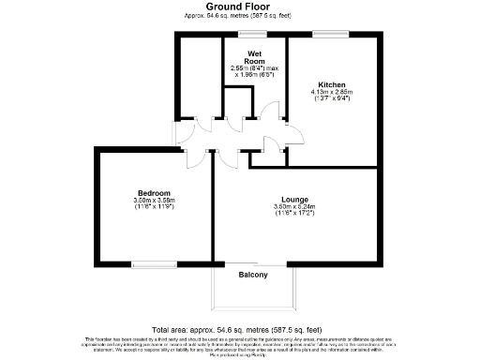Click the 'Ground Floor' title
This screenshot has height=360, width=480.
tap(239, 7)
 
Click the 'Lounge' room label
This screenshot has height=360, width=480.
tap(295, 200)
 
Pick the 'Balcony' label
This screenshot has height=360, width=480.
tap(253, 275)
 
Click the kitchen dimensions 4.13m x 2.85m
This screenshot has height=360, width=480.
tap(332, 92)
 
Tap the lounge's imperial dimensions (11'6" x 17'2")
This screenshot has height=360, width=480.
tap(296, 215)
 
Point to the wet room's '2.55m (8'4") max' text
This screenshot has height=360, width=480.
tap(253, 68)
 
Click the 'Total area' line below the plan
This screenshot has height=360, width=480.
tap(239, 329)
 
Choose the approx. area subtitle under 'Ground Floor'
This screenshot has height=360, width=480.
tap(239, 17)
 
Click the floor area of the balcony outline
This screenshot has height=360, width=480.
tap(253, 292)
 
